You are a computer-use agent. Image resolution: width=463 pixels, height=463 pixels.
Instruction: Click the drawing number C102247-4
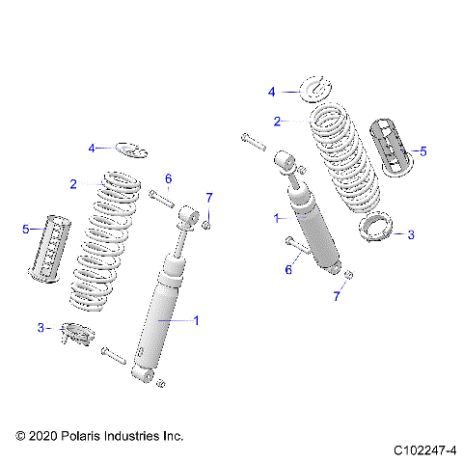pyautogui.click(x=424, y=450)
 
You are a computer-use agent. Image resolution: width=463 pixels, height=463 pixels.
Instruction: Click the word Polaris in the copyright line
pyautogui.click(x=82, y=437)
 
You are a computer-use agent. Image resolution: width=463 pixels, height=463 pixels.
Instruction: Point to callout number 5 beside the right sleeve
pyautogui.click(x=422, y=151)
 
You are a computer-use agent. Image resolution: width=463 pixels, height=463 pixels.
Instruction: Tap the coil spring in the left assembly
pyautogui.click(x=116, y=241)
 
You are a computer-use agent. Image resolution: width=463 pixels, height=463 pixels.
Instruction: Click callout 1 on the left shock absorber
pyautogui.click(x=197, y=319)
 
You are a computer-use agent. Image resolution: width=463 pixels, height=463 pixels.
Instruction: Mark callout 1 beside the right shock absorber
pyautogui.click(x=278, y=219)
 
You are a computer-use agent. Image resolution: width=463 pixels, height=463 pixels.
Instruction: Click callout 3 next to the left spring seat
pyautogui.click(x=41, y=328)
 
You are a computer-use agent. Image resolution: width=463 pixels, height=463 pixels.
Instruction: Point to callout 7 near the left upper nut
pyautogui.click(x=209, y=198)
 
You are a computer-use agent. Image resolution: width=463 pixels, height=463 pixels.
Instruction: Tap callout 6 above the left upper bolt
pyautogui.click(x=168, y=178)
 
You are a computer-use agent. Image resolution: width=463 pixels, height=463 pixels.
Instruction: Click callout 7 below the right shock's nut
pyautogui.click(x=337, y=296)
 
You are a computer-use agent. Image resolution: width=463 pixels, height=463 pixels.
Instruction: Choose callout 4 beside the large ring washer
pyautogui.click(x=272, y=92)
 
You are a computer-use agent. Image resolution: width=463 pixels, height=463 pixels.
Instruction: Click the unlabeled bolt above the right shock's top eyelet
pyautogui.click(x=254, y=141)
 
